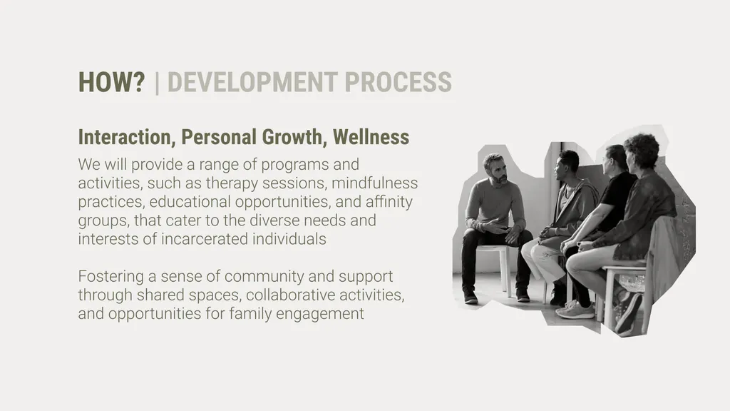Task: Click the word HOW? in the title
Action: coord(112,82)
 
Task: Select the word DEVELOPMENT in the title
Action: coord(252,82)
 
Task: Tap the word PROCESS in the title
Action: coord(398,82)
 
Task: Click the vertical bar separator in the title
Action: coord(157,83)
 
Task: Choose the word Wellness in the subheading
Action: coord(371,137)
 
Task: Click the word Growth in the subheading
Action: coord(292,137)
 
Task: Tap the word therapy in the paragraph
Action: coord(235,183)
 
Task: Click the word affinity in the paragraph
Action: coord(389,202)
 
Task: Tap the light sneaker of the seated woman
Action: coord(575,310)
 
